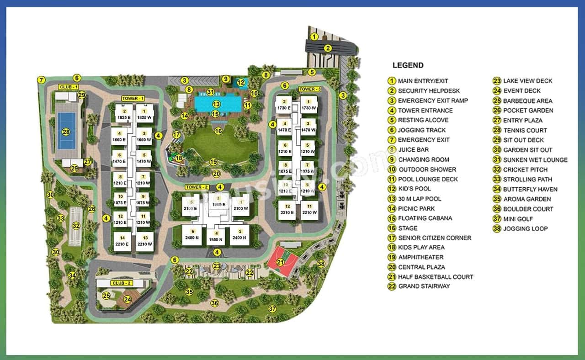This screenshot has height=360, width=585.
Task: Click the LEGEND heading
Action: pos(408,65)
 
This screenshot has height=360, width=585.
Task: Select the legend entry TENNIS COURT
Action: pos(525,130)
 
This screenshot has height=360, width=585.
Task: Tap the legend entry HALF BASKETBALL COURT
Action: pos(435,277)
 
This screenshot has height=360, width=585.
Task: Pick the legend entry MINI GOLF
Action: pos(518,219)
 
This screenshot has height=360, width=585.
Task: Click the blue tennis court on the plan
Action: pos(67,132)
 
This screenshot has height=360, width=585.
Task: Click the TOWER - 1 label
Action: pos(133,98)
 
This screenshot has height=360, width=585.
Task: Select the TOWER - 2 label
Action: pos(197,187)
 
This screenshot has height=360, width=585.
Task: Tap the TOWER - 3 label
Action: pos(309,89)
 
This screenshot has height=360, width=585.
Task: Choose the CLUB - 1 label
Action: pos(69,87)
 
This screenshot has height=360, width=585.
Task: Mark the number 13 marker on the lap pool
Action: pos(216,104)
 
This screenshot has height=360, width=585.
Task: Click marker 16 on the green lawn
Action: pos(218,131)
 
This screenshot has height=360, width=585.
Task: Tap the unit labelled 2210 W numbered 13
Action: pos(145,241)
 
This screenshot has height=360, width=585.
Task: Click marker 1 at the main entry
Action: pos(314,37)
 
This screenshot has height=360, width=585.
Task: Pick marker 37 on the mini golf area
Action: pos(272,309)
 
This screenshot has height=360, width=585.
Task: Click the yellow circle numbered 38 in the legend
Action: pos(497,228)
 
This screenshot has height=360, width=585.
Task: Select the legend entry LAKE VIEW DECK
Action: pos(527,81)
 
